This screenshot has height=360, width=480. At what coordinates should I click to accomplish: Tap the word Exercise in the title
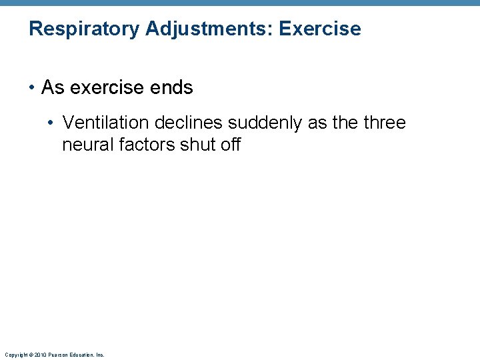click(x=321, y=29)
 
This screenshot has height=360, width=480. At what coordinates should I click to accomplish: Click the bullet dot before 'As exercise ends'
click(x=32, y=88)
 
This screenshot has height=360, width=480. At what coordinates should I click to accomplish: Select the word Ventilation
click(x=105, y=123)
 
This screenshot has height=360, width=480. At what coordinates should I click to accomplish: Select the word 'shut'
click(x=199, y=144)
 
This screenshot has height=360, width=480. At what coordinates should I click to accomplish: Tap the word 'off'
click(x=230, y=144)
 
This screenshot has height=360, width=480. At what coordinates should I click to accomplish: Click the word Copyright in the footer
click(x=15, y=355)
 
